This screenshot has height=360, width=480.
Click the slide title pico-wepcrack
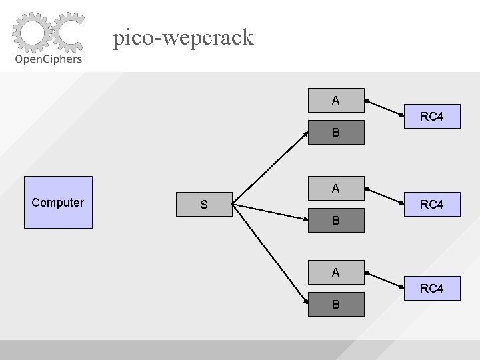pos(183,37)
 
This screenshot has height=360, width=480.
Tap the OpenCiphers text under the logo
pos(49,59)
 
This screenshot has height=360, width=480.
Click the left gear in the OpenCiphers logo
pos(31,33)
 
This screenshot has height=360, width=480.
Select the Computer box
pos(58,203)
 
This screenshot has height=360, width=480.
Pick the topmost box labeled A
pos(336,101)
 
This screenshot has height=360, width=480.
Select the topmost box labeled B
pos(336,133)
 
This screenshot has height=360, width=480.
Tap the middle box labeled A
pos(336,189)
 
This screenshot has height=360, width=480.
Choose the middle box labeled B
pos(336,219)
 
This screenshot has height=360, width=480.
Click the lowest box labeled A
pos(336,272)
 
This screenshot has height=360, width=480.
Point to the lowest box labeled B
pos(336,304)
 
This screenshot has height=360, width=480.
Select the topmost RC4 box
pos(431,117)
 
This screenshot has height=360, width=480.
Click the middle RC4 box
pos(431,205)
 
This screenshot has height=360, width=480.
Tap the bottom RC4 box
pos(431,289)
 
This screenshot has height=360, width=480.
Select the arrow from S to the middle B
pos(270,211)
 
